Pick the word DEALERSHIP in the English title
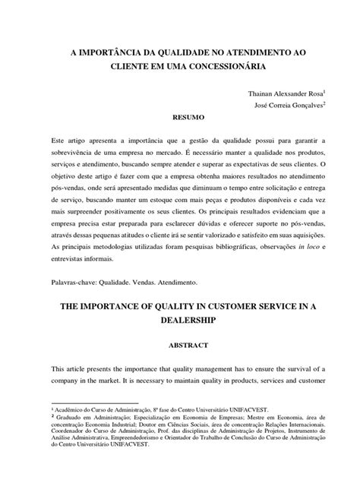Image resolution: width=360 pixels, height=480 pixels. coord(180,321)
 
